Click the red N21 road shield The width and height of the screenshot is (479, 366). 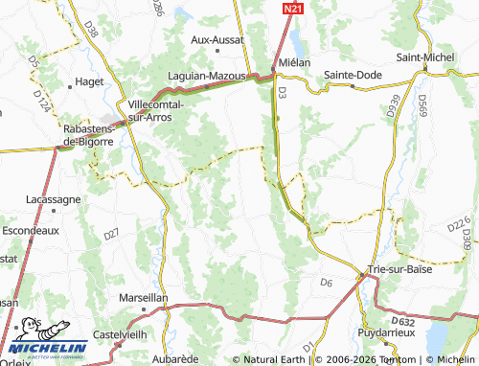[x=293, y=8]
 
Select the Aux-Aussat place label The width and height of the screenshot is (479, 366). [x=217, y=40]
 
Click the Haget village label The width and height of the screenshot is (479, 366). [x=89, y=82]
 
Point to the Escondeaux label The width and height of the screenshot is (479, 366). [x=32, y=231]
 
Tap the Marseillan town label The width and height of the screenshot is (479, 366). [x=142, y=298]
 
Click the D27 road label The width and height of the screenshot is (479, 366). [x=112, y=234]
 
